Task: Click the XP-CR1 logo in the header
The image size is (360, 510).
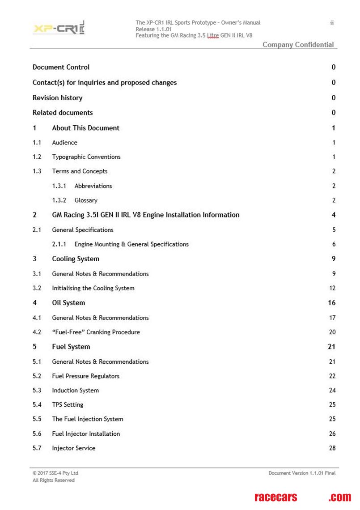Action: pos(59,28)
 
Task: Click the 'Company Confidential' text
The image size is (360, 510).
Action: pos(298,45)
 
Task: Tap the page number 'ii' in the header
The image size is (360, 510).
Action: pos(332,23)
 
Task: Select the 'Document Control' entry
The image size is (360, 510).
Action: pos(61,67)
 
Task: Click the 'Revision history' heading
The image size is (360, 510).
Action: pos(57,98)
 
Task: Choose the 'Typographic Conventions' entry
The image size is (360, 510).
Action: pos(86,157)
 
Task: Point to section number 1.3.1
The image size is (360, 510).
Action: pos(59,186)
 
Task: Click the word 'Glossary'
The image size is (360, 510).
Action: pos(86,200)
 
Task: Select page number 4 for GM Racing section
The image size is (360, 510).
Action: pos(333,215)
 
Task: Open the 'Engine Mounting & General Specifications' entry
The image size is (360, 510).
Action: pos(131,244)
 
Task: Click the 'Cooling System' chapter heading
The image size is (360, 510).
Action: pos(76,259)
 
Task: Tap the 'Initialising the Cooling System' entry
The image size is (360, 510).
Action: pos(93,288)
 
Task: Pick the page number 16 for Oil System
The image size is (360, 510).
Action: pos(331,303)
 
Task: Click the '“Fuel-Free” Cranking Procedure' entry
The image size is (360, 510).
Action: pos(96,332)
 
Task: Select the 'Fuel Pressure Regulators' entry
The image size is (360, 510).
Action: pos(85,376)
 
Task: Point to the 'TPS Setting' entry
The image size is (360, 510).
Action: pos(68,405)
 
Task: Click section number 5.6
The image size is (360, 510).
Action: pos(37,434)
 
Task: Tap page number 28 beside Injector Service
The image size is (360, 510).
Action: pos(332,448)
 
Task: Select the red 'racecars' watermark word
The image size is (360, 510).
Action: pos(275,497)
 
